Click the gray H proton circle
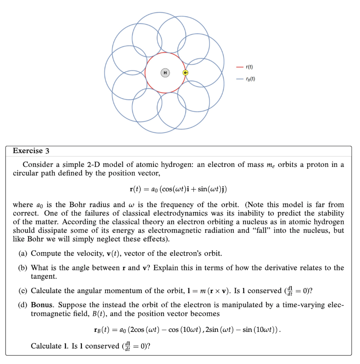pyautogui.click(x=165, y=73)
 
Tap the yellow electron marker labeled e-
pyautogui.click(x=185, y=73)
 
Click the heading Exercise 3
pyautogui.click(x=31, y=151)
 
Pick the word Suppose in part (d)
pyautogui.click(x=72, y=305)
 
